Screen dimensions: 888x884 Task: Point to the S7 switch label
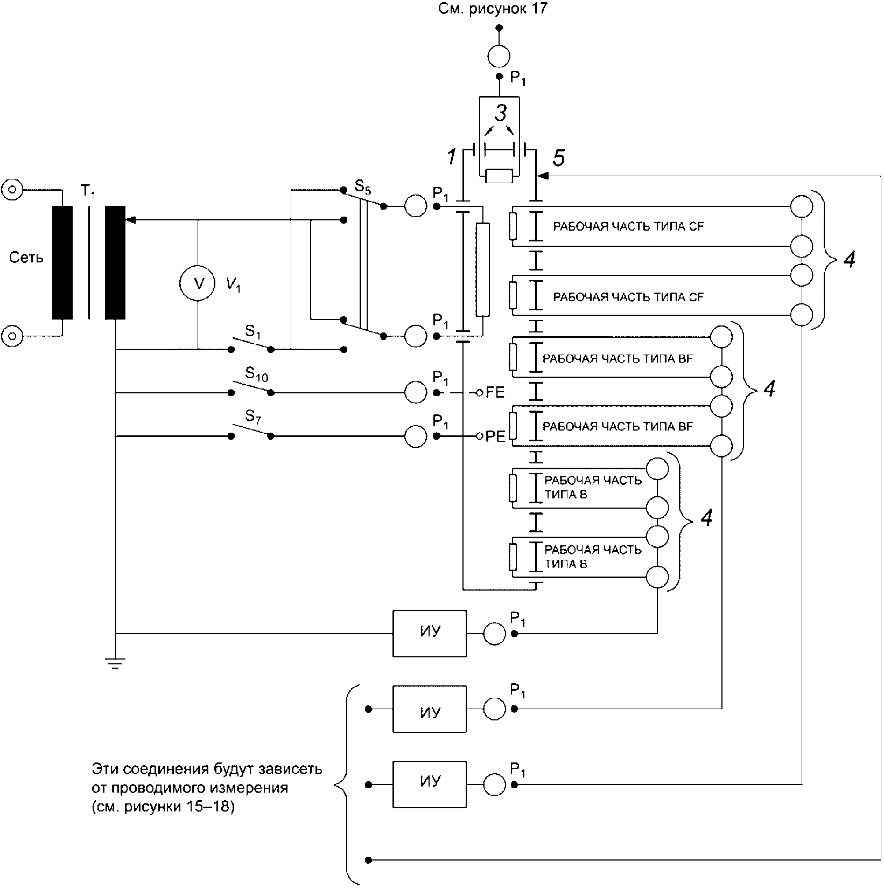tap(252, 416)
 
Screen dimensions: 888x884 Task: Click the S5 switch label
tap(362, 187)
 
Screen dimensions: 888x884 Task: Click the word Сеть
tap(26, 258)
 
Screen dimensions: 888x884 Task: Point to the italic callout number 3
tap(501, 114)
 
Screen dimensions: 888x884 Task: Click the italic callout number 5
tap(559, 158)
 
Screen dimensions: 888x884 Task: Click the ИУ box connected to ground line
tap(430, 633)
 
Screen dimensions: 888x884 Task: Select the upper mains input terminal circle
tap(12, 189)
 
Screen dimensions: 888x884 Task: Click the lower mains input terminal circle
tap(12, 337)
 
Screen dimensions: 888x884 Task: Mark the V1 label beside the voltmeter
tap(233, 286)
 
